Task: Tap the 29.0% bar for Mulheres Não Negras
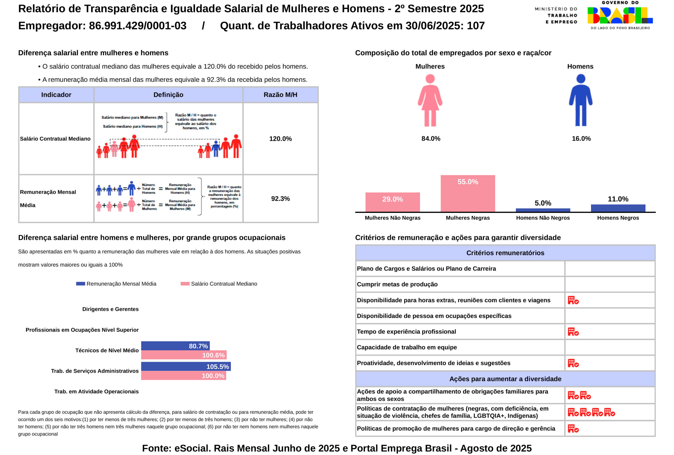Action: pyautogui.click(x=392, y=202)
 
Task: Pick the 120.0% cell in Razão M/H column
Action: pyautogui.click(x=280, y=139)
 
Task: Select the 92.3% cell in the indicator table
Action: pyautogui.click(x=280, y=199)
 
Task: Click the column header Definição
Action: pyautogui.click(x=168, y=95)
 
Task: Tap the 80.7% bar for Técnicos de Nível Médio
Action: pyautogui.click(x=175, y=346)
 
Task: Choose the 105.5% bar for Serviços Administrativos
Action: pyautogui.click(x=186, y=367)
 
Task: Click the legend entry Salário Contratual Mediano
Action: pyautogui.click(x=224, y=284)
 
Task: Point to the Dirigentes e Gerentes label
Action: pyautogui.click(x=110, y=309)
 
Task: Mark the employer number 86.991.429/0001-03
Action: pyautogui.click(x=137, y=26)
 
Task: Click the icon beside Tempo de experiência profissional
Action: pyautogui.click(x=573, y=332)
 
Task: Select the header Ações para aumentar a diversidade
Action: pyautogui.click(x=505, y=379)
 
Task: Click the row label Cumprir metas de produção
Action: pyautogui.click(x=397, y=284)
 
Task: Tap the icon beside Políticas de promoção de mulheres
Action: pyautogui.click(x=573, y=429)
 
